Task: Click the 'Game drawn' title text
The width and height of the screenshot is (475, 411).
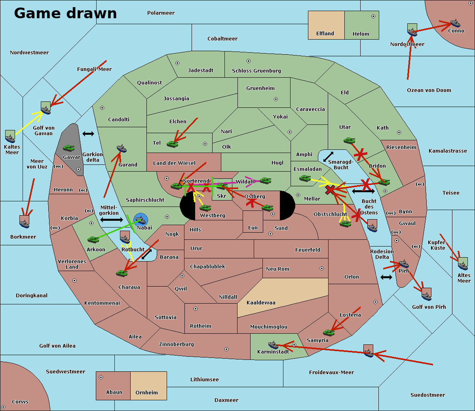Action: (x=65, y=13)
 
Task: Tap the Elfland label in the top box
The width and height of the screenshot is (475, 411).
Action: (x=325, y=34)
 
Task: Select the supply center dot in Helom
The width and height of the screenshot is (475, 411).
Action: (x=373, y=16)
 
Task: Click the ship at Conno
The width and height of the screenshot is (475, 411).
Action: (x=454, y=23)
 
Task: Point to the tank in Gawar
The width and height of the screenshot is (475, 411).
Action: (x=68, y=148)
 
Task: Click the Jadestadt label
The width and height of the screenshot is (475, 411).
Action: (x=200, y=71)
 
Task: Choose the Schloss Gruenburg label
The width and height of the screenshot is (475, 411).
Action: (x=256, y=71)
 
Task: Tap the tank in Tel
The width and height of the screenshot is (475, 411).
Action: (x=172, y=144)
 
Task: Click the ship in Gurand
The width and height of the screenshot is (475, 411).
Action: (x=122, y=149)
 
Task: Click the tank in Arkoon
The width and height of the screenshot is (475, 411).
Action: (x=93, y=239)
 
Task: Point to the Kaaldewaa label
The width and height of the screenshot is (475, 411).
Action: (x=261, y=303)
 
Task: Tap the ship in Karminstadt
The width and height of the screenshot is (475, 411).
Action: (x=273, y=344)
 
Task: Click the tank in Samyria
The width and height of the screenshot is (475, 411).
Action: (x=329, y=332)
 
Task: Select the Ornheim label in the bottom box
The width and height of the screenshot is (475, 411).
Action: (x=146, y=393)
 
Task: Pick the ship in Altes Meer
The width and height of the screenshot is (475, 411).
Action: (x=463, y=263)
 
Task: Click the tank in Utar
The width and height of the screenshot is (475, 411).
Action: (x=349, y=140)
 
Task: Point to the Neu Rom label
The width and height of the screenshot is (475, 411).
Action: (x=277, y=269)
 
